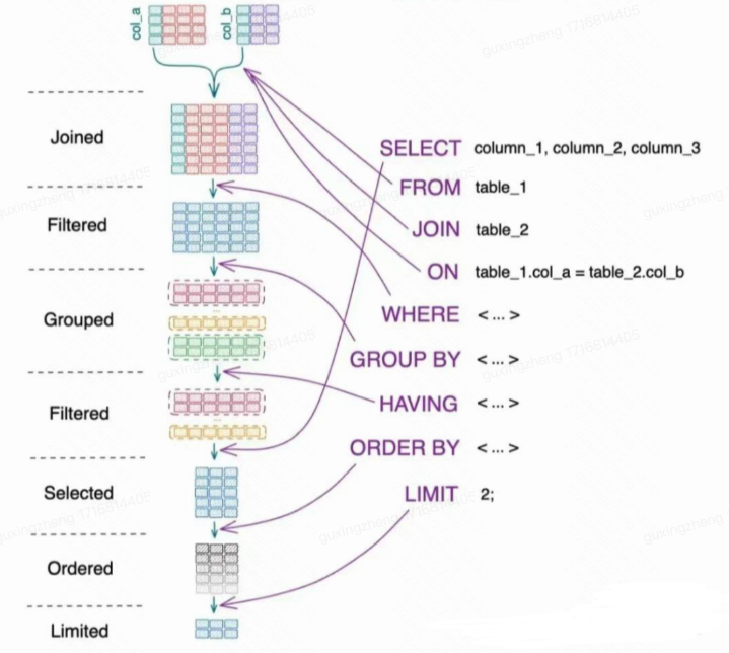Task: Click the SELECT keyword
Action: pyautogui.click(x=420, y=148)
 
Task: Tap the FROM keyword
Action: pyautogui.click(x=430, y=188)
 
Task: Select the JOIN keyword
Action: pyautogui.click(x=436, y=230)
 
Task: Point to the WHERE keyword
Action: pyautogui.click(x=420, y=315)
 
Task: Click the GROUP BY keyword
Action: pyautogui.click(x=405, y=359)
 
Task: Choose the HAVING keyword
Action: pyautogui.click(x=419, y=404)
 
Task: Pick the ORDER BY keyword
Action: pyautogui.click(x=405, y=448)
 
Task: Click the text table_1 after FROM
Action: pyautogui.click(x=501, y=188)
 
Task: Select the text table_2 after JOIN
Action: pyautogui.click(x=502, y=230)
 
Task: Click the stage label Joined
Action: pyautogui.click(x=77, y=137)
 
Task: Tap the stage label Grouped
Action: pyautogui.click(x=78, y=320)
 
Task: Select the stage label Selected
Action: pyautogui.click(x=79, y=493)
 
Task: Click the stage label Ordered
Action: pyautogui.click(x=80, y=568)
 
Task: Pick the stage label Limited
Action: pyautogui.click(x=80, y=631)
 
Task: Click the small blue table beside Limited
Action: pyautogui.click(x=216, y=629)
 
